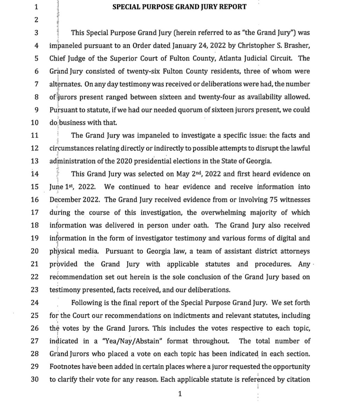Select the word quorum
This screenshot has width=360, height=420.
pos(190,109)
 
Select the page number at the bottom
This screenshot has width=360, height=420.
pos(179,394)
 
